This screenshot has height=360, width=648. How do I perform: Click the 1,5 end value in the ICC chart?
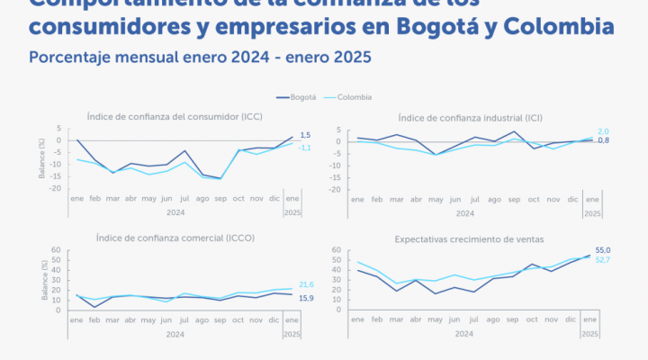click(305, 134)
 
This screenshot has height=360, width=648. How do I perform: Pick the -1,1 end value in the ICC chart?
click(305, 148)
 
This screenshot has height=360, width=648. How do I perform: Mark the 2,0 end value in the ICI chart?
click(604, 131)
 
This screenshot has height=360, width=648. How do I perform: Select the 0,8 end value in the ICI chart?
click(604, 140)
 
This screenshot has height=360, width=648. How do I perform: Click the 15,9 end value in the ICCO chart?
click(306, 298)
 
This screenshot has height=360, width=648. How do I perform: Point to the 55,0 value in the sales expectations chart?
click(604, 250)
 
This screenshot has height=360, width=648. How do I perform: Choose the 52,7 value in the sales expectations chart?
click(604, 260)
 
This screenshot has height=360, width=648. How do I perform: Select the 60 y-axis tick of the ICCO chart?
click(56, 250)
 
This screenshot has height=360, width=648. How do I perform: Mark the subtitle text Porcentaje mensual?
click(98, 57)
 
